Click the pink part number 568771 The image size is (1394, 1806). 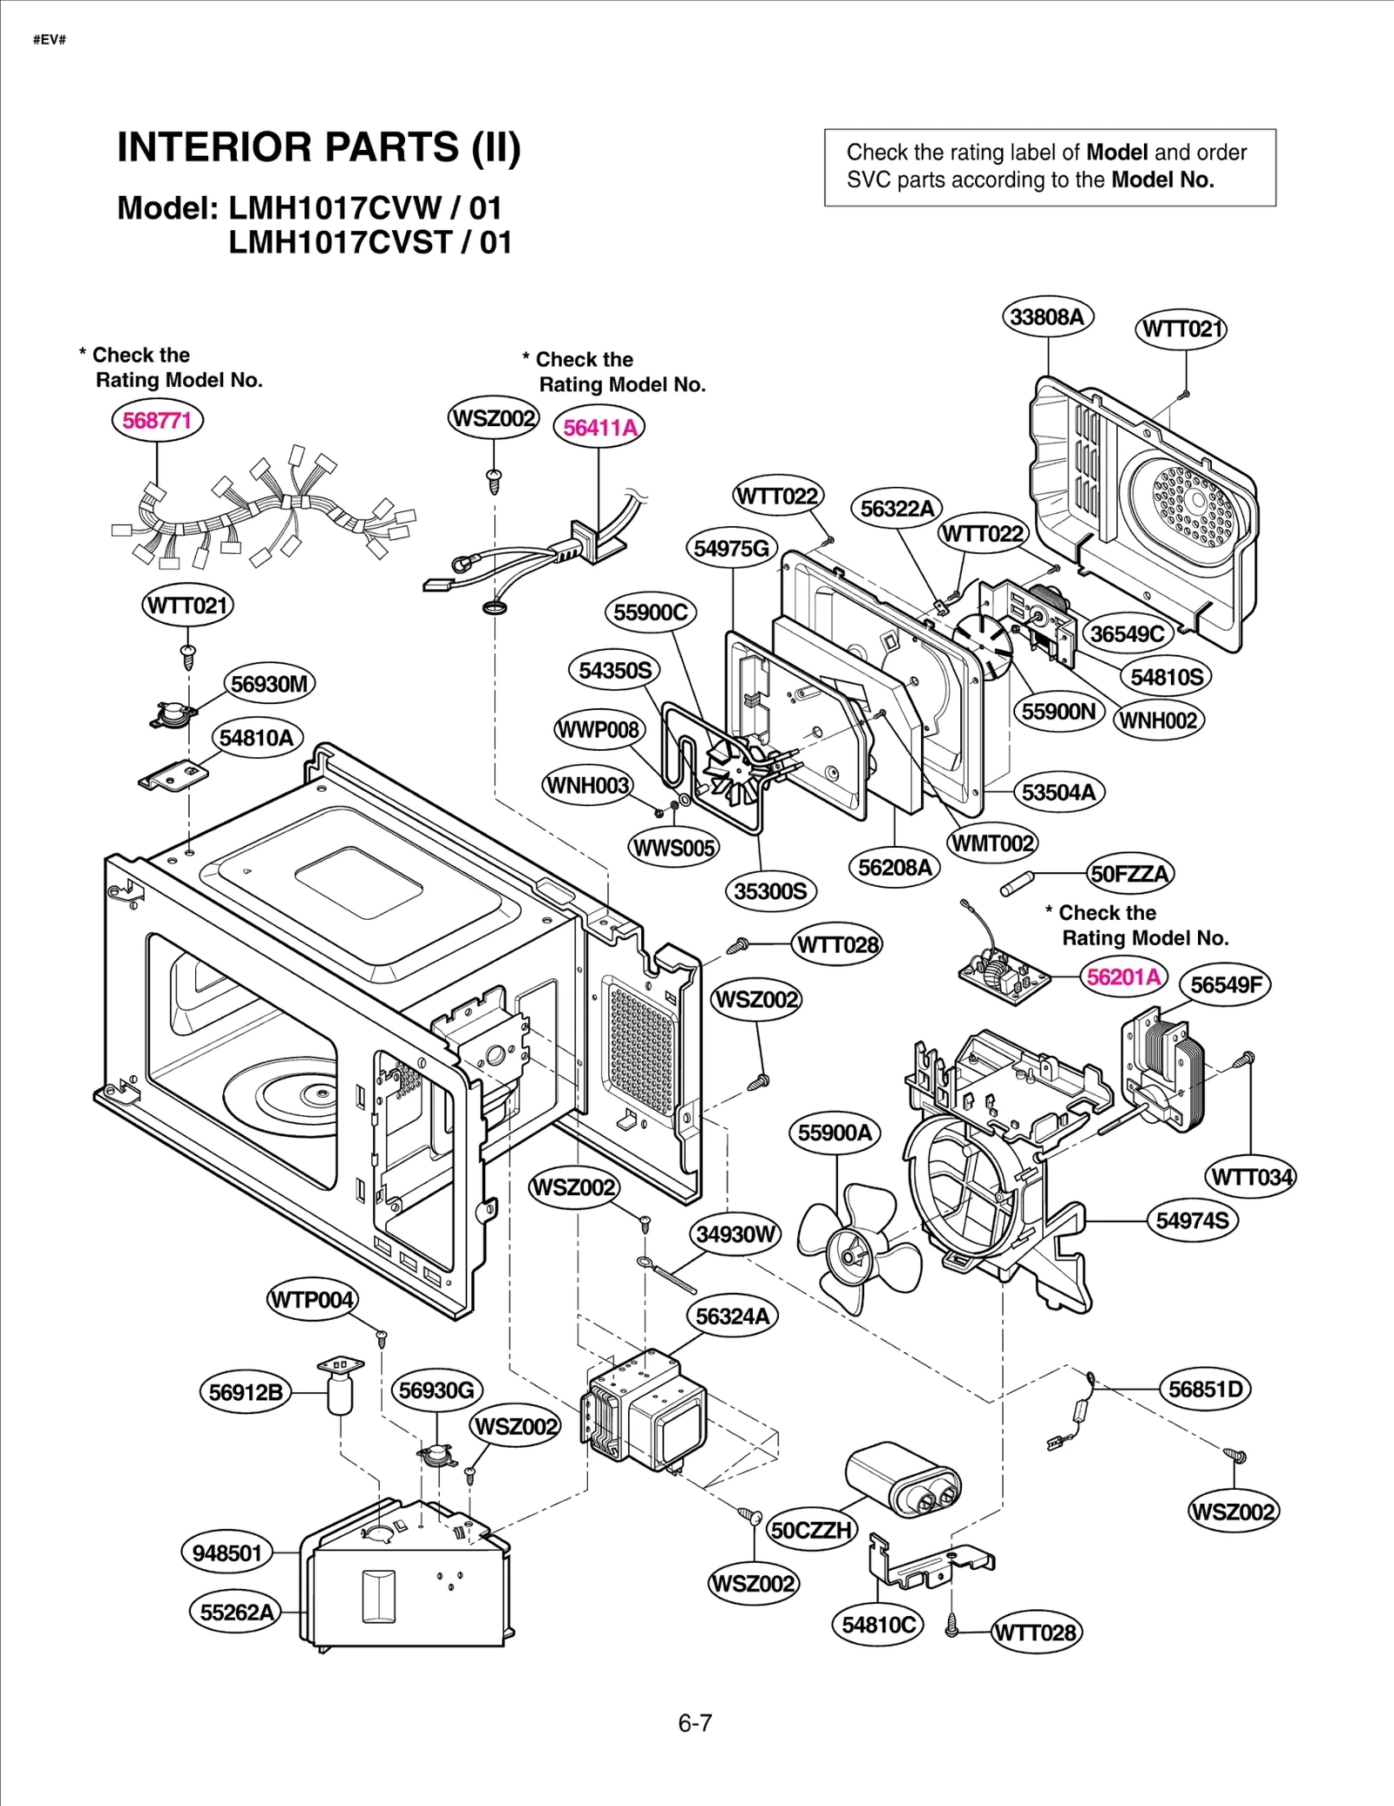157,421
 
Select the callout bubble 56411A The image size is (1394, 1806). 599,428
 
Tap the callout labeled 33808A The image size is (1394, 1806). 1047,317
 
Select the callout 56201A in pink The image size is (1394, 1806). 1124,977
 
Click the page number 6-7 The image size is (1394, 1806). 695,1722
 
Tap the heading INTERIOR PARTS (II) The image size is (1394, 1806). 319,147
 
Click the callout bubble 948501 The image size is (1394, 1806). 227,1552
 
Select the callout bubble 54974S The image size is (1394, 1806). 1192,1221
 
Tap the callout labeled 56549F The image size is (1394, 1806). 1225,984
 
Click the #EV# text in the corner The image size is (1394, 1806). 50,40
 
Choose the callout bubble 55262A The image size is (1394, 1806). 236,1612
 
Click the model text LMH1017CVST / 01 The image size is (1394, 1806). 370,242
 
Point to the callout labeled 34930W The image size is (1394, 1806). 735,1234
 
